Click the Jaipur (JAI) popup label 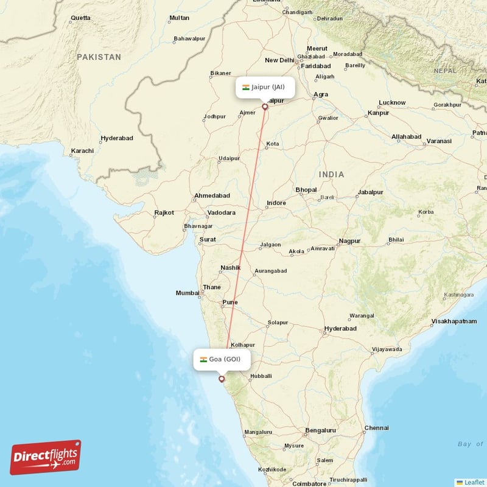264,87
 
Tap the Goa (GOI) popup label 220,359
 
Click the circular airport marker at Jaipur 265,107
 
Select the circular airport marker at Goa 222,379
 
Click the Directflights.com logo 46,457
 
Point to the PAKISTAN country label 99,57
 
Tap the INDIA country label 332,175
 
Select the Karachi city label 82,150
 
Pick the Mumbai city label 187,293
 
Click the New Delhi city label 279,60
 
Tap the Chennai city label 376,428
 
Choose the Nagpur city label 349,241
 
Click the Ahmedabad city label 212,196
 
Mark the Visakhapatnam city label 454,321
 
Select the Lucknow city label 392,102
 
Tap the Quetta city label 80,18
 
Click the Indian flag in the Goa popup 203,359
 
